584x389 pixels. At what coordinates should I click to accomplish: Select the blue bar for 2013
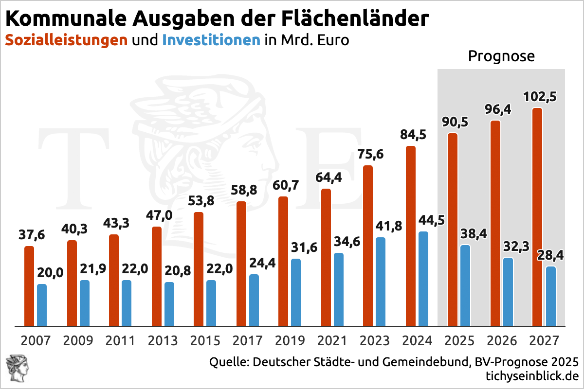169,304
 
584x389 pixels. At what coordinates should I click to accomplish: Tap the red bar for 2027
537,217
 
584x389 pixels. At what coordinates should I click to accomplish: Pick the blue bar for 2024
423,279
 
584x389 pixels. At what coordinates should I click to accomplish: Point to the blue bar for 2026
508,292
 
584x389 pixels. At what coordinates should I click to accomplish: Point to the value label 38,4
473,234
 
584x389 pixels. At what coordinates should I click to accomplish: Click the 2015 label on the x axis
206,340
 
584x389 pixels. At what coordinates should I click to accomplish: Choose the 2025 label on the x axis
459,340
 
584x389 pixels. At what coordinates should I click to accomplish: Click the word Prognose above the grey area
501,56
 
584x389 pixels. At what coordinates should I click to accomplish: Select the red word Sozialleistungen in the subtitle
66,40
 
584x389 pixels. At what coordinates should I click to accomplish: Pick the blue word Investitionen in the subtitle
211,40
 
